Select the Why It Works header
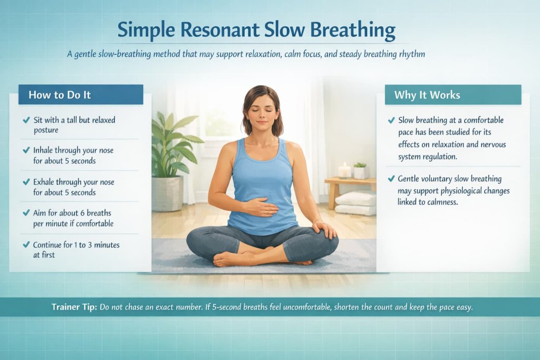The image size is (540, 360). [427, 95]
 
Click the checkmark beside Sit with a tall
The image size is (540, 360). [26, 120]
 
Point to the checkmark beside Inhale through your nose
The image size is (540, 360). [26, 151]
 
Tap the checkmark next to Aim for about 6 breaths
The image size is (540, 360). [26, 213]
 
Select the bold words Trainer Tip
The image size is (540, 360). [74, 307]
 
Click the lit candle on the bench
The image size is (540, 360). [344, 170]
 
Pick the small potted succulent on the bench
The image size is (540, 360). [361, 170]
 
